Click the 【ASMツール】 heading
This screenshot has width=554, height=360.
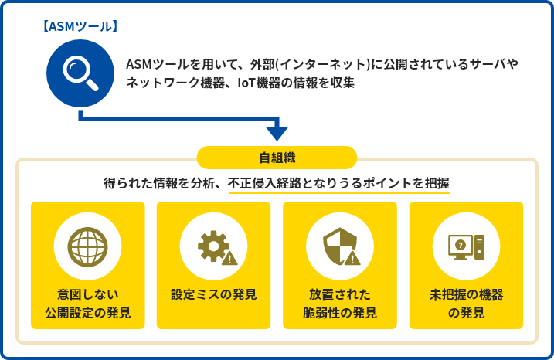point(80,26)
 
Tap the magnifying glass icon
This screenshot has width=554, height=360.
point(80,73)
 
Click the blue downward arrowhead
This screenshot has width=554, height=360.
point(277,134)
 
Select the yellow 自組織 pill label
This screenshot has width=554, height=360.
point(277,158)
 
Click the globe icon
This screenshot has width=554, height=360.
point(87,246)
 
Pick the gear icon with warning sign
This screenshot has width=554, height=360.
point(217,247)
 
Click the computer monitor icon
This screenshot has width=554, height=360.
point(466,246)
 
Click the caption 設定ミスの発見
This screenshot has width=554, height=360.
point(214,294)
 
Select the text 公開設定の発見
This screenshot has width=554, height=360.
point(87,313)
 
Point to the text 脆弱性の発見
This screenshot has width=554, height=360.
point(340,313)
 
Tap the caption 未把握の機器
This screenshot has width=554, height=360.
point(467,294)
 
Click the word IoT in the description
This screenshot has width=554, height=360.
point(246,83)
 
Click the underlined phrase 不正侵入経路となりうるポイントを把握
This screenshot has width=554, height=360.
point(339,183)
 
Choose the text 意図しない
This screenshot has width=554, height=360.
point(87,294)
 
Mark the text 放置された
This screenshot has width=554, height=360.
point(340,294)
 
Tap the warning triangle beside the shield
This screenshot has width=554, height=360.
point(352,259)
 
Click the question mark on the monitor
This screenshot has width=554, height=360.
point(460,245)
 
